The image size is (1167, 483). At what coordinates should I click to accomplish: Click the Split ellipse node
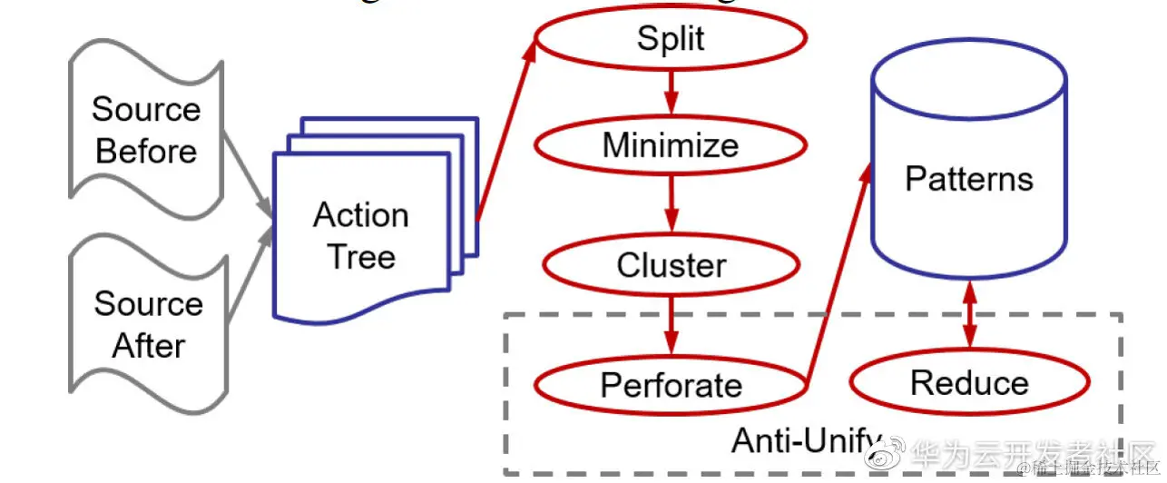[x=671, y=40]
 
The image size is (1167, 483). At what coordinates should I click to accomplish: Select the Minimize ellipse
[x=671, y=145]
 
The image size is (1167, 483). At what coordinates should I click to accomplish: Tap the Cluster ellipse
[x=671, y=265]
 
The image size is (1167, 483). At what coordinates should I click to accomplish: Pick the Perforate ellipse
[x=671, y=385]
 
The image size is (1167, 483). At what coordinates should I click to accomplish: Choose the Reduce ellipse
[x=969, y=383]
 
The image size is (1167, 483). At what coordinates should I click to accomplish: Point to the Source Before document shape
[x=145, y=131]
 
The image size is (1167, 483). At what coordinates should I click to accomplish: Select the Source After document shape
[x=148, y=324]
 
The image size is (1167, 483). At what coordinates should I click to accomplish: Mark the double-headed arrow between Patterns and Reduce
[x=969, y=314]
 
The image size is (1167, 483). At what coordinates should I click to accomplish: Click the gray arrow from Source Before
[x=247, y=176]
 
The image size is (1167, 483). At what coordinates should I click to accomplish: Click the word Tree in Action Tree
[x=361, y=257]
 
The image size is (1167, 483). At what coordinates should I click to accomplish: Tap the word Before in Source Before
[x=146, y=151]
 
